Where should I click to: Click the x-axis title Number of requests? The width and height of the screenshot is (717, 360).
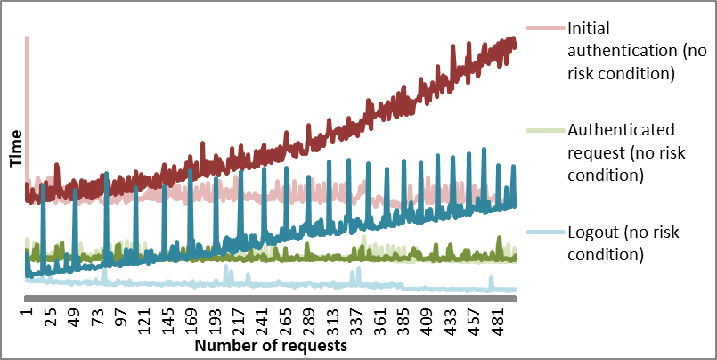271,344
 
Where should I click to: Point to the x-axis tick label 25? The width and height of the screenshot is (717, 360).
51,318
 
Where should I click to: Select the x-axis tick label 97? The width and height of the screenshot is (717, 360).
120,318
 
